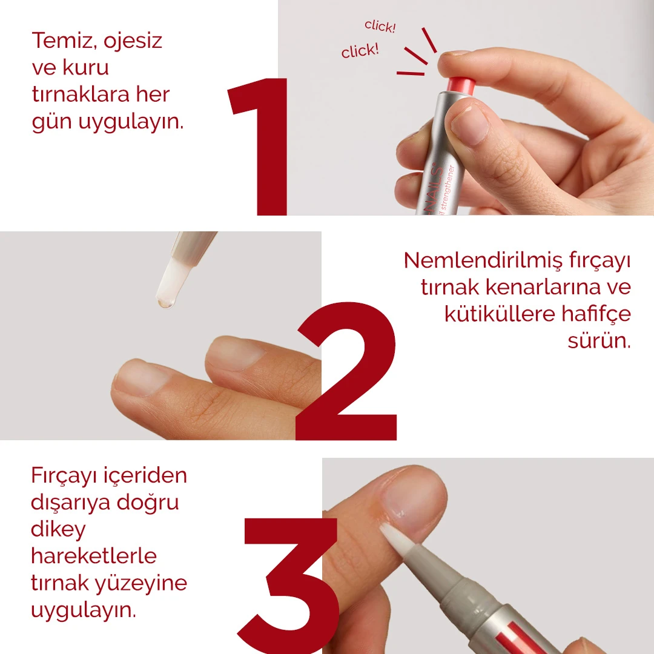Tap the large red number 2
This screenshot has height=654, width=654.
(346, 372)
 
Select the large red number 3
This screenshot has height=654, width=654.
(289, 584)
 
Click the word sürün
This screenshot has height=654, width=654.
(598, 340)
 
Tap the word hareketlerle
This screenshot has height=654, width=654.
(94, 556)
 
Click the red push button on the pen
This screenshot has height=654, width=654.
(460, 85)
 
